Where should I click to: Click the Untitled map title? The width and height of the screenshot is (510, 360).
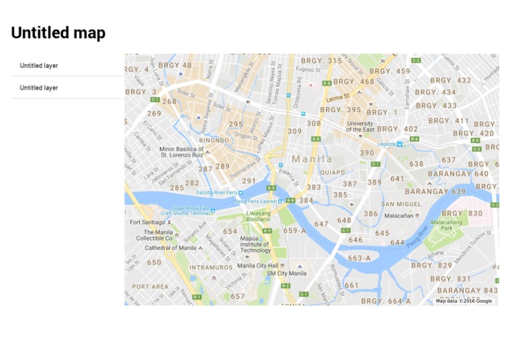(58, 33)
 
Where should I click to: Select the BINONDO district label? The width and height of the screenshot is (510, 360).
(214, 140)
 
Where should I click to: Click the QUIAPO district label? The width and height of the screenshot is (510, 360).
(333, 172)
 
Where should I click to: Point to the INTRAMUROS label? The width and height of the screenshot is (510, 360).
(211, 268)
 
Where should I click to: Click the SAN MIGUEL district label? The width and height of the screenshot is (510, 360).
(401, 204)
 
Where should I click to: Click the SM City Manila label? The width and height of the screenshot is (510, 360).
(287, 273)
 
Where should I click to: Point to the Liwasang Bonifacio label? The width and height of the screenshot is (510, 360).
(258, 216)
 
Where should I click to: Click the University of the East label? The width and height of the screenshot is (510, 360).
(360, 126)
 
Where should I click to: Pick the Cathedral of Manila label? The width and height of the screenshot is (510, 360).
(171, 248)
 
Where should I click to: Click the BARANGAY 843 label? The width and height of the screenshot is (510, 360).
(467, 290)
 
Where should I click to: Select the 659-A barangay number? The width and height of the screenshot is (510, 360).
(295, 230)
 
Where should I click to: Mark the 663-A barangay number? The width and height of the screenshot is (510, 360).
(359, 258)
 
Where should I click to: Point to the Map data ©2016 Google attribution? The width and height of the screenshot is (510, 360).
(464, 301)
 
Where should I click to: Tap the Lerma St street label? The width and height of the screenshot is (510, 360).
(338, 97)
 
